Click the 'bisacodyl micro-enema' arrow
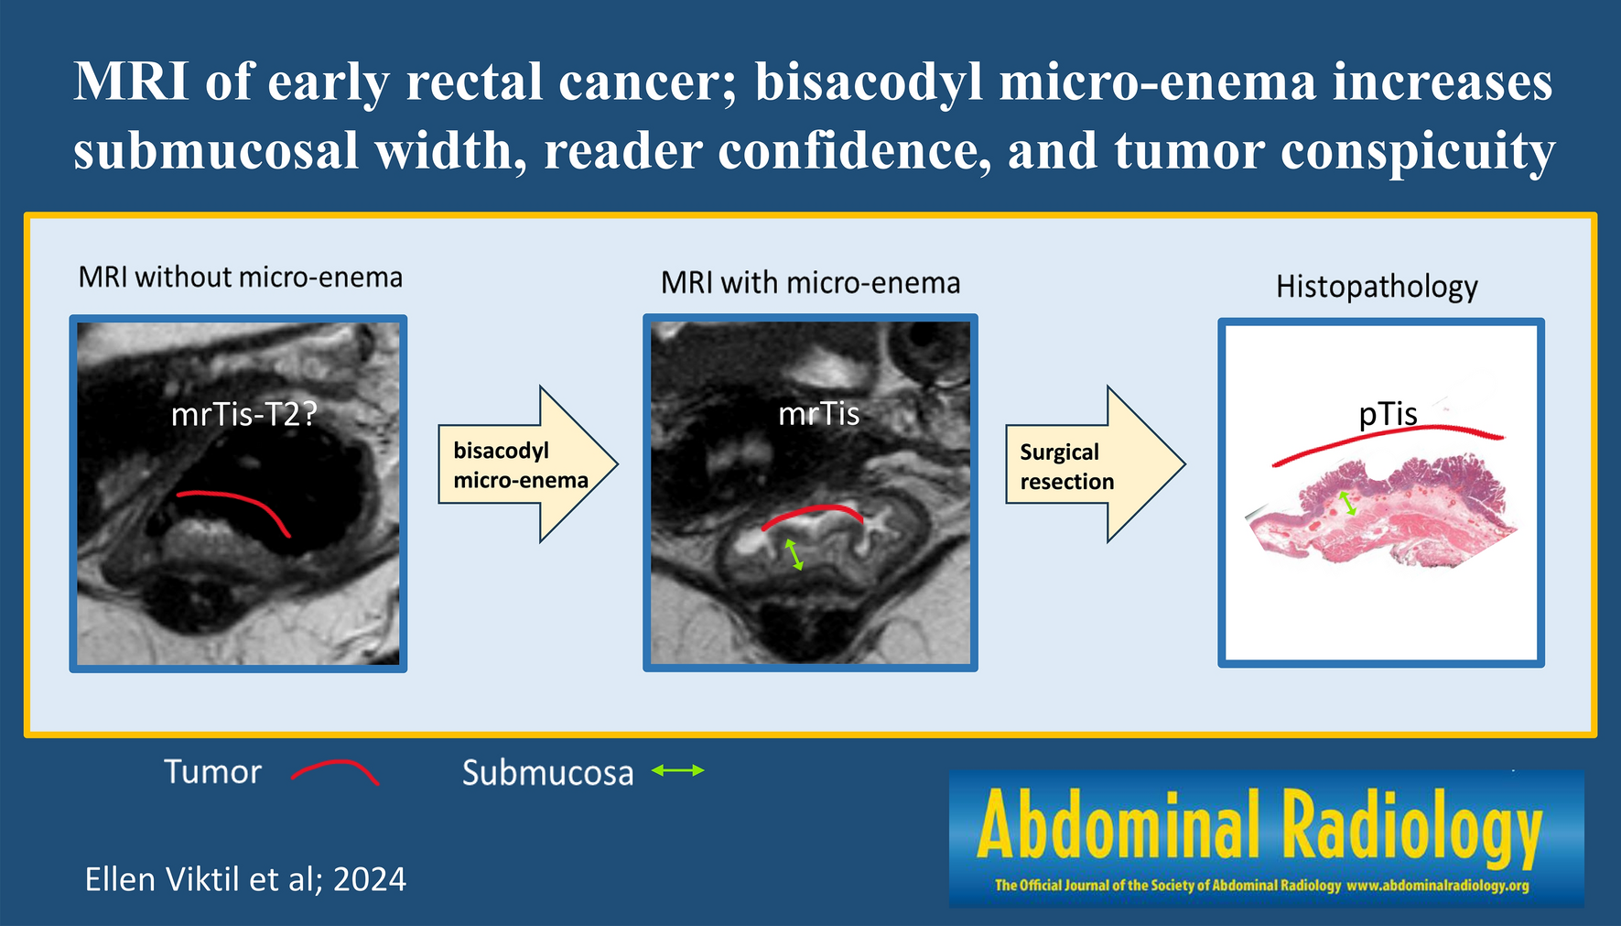(x=528, y=464)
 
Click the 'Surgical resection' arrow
(x=1096, y=464)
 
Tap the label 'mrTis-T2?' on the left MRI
(x=243, y=415)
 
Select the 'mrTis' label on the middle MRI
(x=818, y=414)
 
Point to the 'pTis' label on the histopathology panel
(x=1388, y=415)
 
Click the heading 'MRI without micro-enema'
(x=241, y=277)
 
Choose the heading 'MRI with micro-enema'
(x=811, y=283)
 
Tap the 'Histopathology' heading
(x=1377, y=287)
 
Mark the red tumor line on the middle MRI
(x=813, y=508)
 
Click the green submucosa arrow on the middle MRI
(x=794, y=555)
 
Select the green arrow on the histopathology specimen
(x=1347, y=503)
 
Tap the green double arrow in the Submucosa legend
(x=678, y=771)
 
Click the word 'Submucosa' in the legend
(x=547, y=773)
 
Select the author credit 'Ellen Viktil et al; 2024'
(x=245, y=879)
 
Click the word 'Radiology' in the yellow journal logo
(x=1411, y=826)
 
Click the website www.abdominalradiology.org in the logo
(x=1438, y=886)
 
